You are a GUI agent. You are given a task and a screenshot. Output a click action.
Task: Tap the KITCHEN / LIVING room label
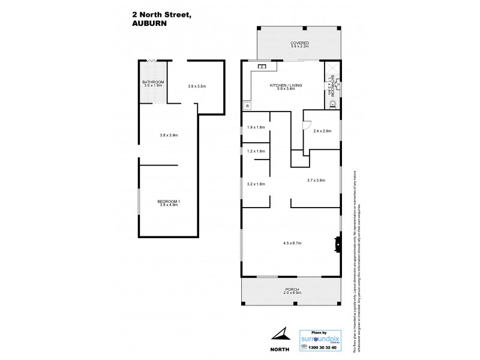[286, 86]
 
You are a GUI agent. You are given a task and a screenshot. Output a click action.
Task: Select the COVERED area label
[299, 44]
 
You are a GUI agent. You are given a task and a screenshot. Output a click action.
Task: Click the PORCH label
[292, 290]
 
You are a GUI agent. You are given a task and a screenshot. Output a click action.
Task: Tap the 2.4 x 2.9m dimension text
[322, 130]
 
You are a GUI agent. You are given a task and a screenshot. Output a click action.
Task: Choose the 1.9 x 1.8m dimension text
[256, 127]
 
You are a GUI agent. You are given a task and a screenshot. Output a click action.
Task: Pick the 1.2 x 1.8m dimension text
[256, 151]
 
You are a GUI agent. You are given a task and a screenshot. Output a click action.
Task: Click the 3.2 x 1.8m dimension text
[256, 184]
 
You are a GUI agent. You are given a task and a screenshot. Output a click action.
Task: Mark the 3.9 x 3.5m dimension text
[197, 86]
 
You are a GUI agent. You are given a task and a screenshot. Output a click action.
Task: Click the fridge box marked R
[247, 106]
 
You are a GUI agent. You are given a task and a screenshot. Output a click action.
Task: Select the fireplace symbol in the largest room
[338, 243]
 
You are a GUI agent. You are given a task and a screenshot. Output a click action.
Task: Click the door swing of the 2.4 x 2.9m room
[305, 125]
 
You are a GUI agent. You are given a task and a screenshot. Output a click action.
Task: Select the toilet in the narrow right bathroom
[333, 103]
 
